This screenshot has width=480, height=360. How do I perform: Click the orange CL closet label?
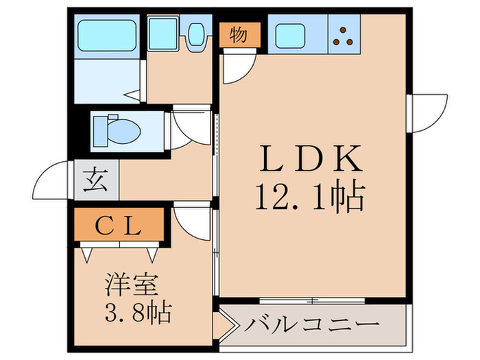point(121,224)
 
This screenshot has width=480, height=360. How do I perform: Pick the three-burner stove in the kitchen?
point(345,34)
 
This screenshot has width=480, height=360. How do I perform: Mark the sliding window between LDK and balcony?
point(312,300)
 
